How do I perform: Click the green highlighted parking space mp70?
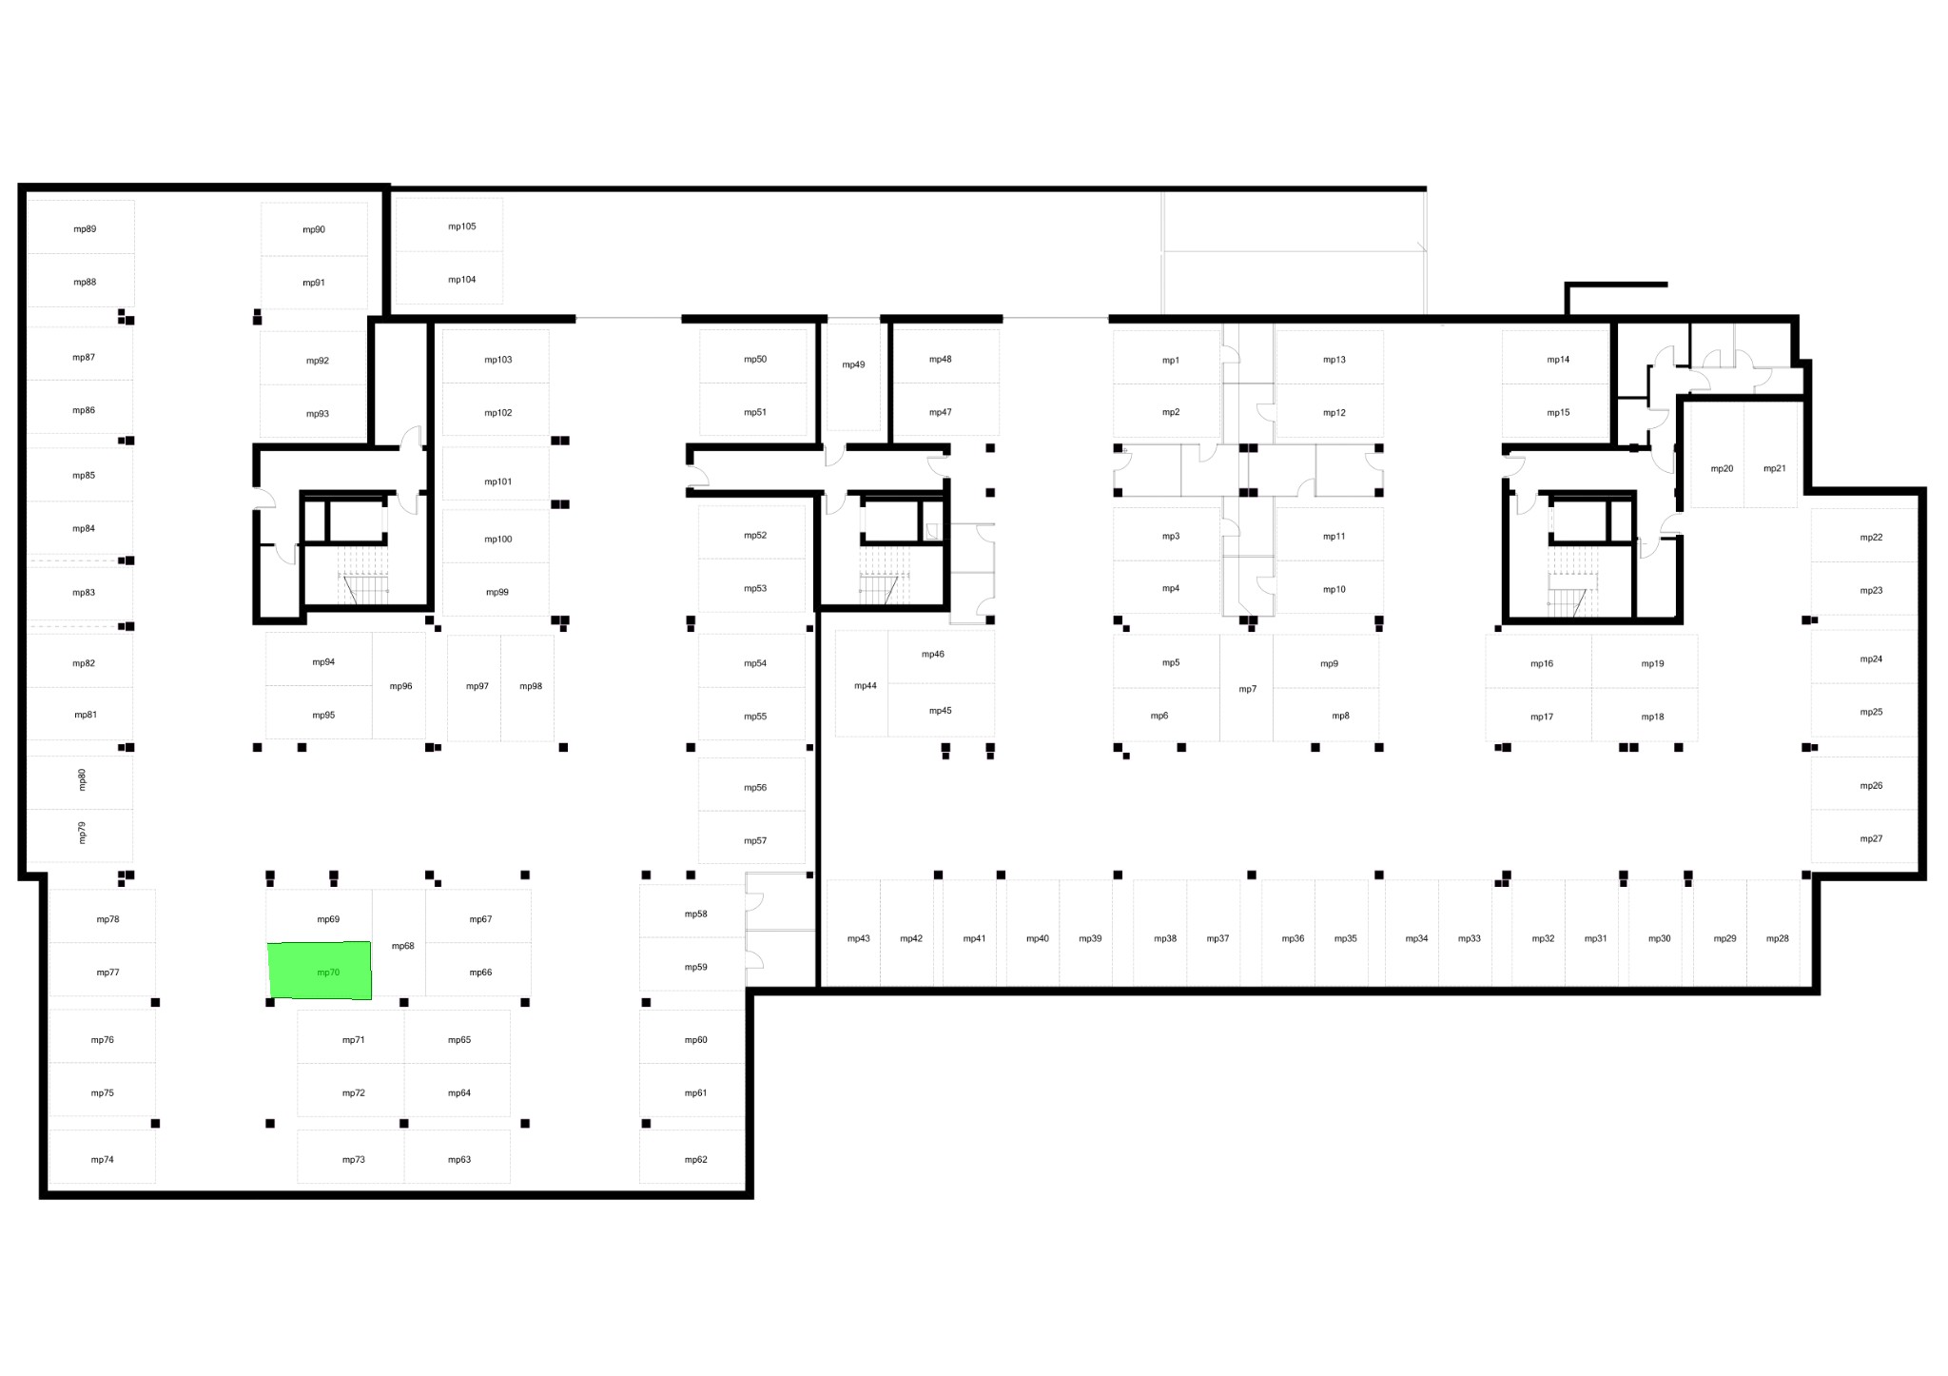pos(320,971)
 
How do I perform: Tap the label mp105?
pos(462,226)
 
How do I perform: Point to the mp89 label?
pos(85,229)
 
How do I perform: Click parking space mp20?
pos(1718,454)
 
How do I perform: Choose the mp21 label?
pos(1775,468)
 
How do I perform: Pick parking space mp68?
pos(399,943)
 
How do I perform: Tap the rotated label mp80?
pos(82,780)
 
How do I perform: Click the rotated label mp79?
pos(82,834)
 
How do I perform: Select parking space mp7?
pos(1246,688)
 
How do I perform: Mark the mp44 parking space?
pos(862,683)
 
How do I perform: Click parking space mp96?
pos(399,685)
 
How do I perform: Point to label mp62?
pos(696,1160)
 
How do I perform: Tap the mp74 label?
pos(103,1160)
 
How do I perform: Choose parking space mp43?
pos(854,933)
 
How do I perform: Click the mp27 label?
pos(1871,839)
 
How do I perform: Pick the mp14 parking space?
pos(1555,358)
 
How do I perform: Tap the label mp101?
pos(498,482)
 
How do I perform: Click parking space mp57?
pos(751,837)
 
